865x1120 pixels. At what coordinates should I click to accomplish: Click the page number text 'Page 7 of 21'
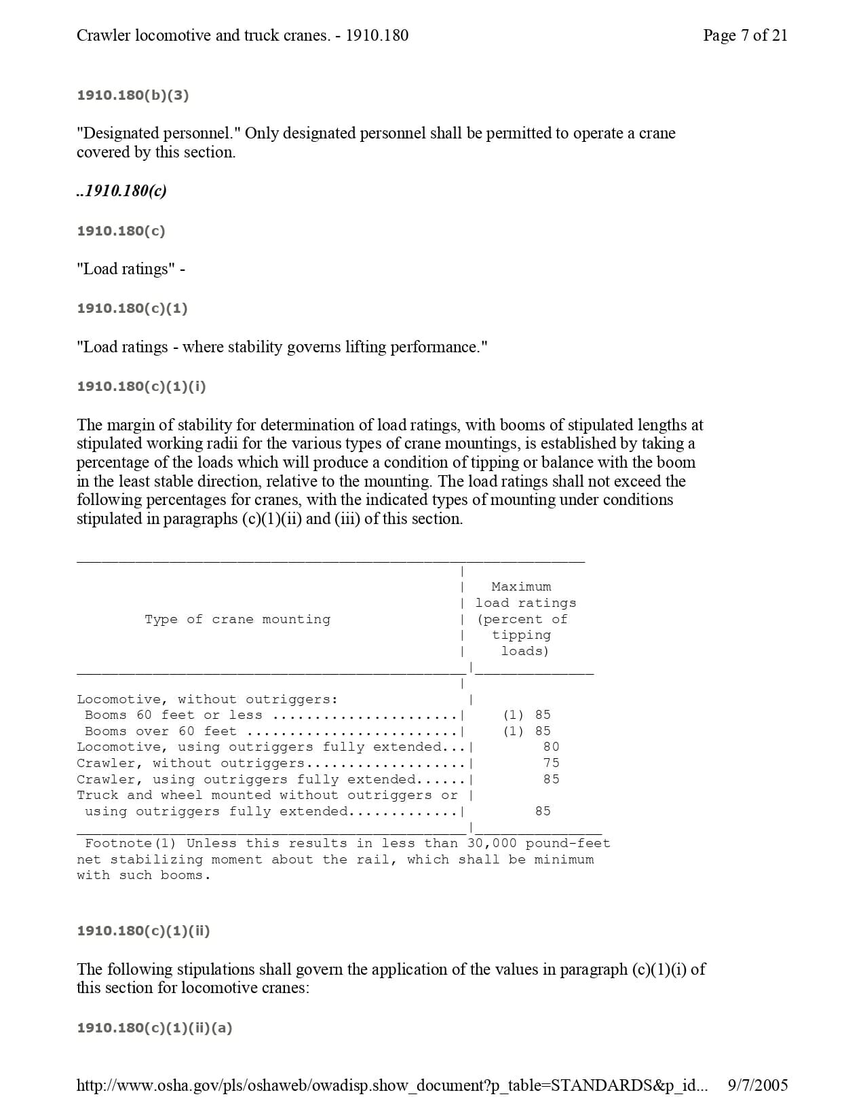[x=745, y=35]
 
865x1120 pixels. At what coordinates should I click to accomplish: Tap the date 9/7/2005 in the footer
[x=757, y=1085]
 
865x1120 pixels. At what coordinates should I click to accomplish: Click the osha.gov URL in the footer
[x=391, y=1085]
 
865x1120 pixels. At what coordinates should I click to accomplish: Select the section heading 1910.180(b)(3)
[x=133, y=95]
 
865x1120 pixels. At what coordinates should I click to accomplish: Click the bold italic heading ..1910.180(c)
[x=121, y=191]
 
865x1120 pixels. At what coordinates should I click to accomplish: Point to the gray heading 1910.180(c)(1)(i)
[x=141, y=386]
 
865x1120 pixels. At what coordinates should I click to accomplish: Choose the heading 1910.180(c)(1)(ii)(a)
[x=155, y=1028]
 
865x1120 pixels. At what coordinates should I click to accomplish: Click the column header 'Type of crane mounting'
[x=237, y=619]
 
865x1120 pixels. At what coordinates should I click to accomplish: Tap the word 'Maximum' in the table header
[x=521, y=586]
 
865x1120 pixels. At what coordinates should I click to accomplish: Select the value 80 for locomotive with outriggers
[x=551, y=747]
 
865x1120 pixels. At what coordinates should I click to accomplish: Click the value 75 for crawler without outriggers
[x=551, y=763]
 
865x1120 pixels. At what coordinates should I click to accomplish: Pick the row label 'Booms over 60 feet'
[x=161, y=731]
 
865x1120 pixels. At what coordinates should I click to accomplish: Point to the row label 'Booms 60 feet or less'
[x=173, y=715]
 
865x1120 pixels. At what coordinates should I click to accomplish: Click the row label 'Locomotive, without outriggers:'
[x=207, y=699]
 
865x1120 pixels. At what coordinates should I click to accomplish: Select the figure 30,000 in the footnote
[x=492, y=843]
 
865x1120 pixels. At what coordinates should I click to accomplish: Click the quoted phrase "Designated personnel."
[x=159, y=133]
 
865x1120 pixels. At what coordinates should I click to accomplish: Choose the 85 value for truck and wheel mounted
[x=543, y=811]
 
